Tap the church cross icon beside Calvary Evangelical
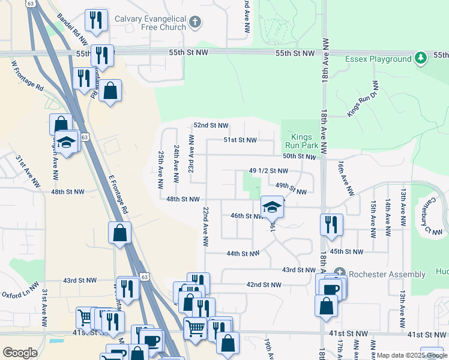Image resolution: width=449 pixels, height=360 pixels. pos(194,23)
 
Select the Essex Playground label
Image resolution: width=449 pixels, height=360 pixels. pos(378,59)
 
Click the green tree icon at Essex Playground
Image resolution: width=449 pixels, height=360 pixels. pos(421,58)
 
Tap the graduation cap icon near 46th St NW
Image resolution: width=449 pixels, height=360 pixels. pos(273,207)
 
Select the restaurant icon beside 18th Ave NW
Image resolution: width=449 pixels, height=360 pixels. pos(331,225)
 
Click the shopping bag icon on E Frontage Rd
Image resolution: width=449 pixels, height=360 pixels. pos(120,233)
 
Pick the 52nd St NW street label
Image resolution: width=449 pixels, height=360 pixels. pos(211,125)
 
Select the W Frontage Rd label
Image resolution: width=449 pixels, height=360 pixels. pos(28,74)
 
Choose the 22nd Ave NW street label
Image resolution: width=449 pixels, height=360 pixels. pos(205,227)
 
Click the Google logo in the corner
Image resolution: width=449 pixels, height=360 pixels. pos(20,353)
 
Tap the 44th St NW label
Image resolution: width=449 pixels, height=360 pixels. pos(243,254)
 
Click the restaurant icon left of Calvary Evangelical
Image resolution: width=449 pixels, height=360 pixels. pos(95,20)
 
